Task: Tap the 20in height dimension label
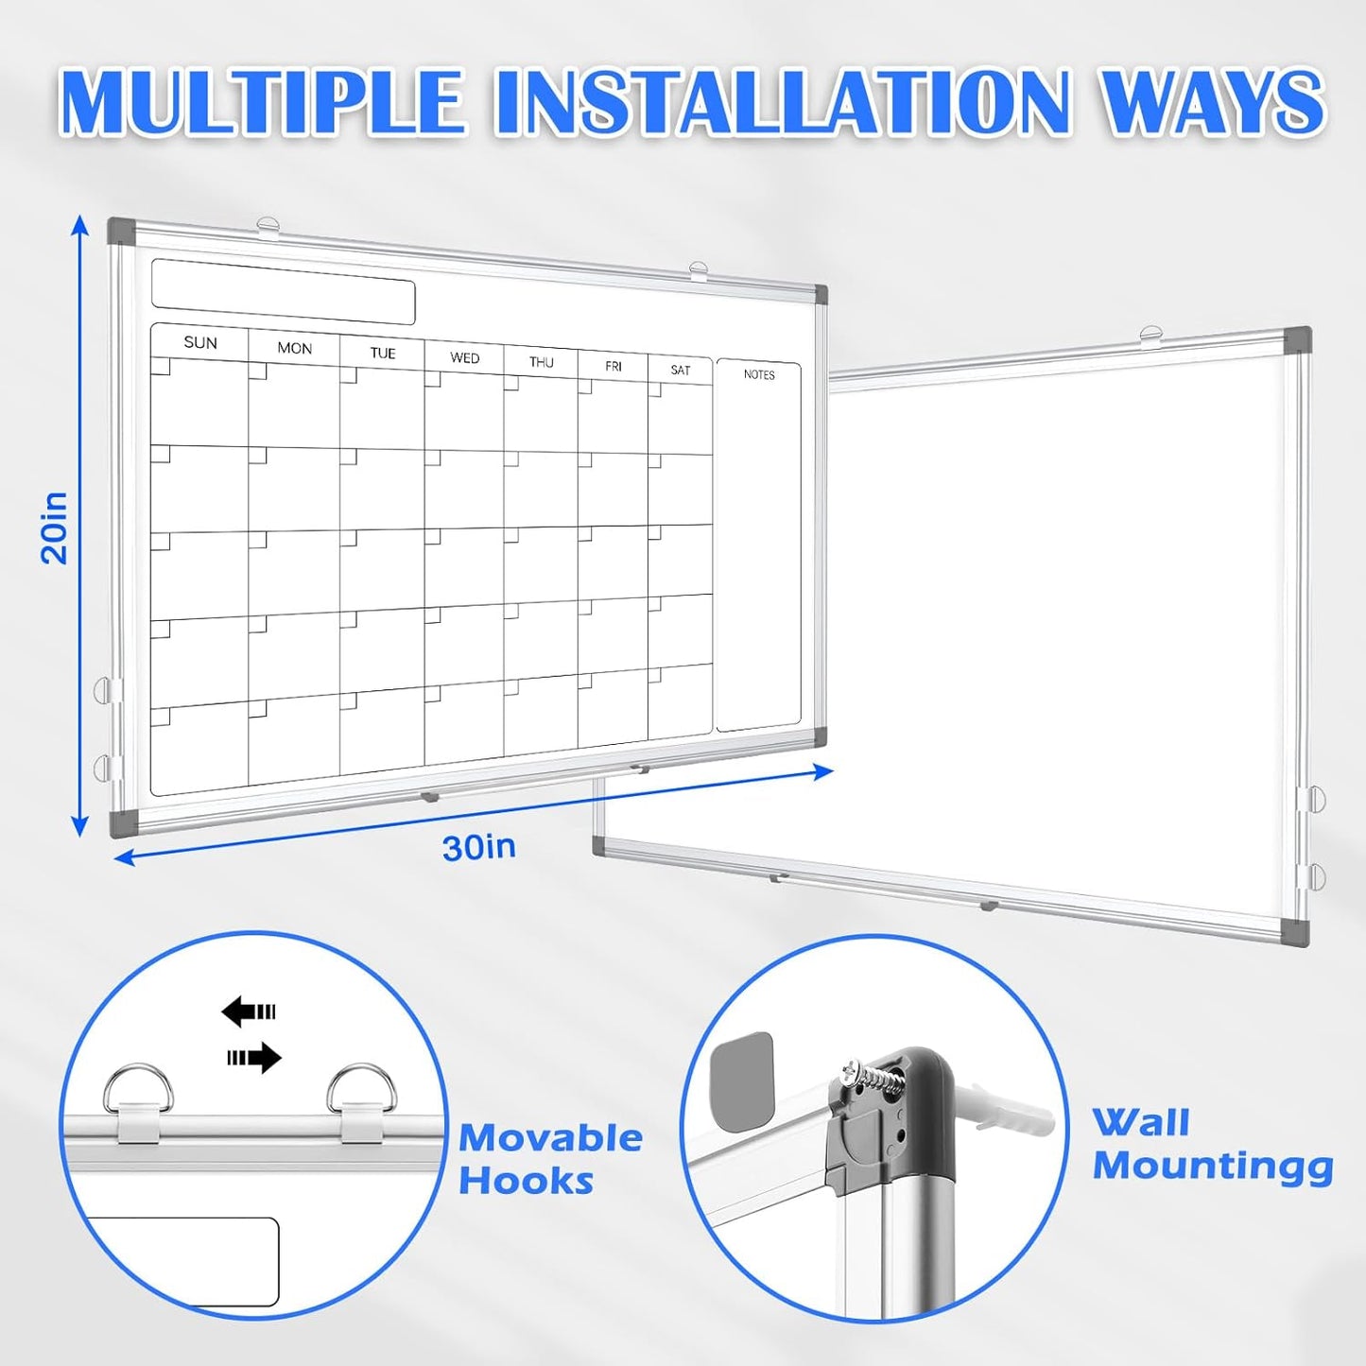point(55,527)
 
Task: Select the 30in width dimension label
point(479,847)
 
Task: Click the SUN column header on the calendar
point(200,342)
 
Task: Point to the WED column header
point(464,357)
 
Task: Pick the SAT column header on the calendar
point(680,370)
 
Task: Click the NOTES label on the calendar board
point(758,374)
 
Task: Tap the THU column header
point(541,362)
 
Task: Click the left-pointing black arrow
point(248,1012)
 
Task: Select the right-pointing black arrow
point(254,1058)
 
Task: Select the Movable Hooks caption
point(550,1159)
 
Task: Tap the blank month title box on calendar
point(283,291)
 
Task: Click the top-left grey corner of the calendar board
point(121,231)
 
